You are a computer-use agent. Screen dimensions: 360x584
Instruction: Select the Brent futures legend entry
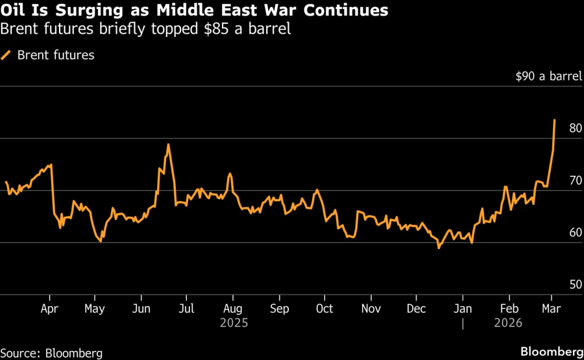pos(56,55)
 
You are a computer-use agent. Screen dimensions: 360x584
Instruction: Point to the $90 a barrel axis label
pos(549,77)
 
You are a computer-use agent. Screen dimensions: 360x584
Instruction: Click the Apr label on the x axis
pos(51,309)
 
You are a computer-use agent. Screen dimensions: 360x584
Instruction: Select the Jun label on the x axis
pos(141,309)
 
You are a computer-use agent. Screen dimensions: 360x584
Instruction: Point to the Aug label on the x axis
pos(232,309)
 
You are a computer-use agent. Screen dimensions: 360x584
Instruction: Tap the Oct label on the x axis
pos(324,309)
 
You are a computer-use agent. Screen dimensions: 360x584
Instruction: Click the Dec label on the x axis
pos(416,309)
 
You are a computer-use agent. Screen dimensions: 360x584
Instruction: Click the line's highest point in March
pos(555,119)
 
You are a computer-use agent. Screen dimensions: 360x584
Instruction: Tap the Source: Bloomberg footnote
pos(52,353)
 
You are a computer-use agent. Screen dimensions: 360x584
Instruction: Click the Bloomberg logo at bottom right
pos(552,352)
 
